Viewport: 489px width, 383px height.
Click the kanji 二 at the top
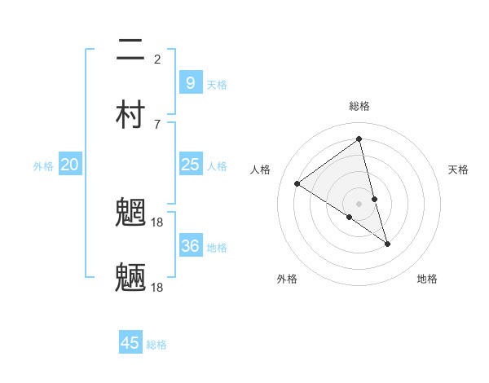pos(131,51)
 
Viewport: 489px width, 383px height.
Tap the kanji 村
pos(131,115)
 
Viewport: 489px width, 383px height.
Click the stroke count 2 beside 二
pos(157,59)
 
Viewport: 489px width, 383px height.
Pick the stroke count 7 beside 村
pos(157,124)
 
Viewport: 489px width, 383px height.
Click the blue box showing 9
pos(190,82)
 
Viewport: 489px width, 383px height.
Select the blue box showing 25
pos(190,165)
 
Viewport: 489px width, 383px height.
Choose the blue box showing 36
pos(190,246)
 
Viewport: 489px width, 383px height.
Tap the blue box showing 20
pos(69,165)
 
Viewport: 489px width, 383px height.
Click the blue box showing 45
pos(130,343)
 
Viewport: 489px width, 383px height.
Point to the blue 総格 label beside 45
pos(156,345)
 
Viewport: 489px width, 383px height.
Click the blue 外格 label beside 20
pos(43,166)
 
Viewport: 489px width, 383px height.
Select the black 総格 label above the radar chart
pos(359,106)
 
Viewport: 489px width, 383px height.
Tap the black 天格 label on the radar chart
pos(459,169)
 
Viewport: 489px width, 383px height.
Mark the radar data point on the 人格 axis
pos(297,183)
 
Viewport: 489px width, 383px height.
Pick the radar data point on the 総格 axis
pos(359,139)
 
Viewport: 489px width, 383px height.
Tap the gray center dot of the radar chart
pos(359,203)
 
